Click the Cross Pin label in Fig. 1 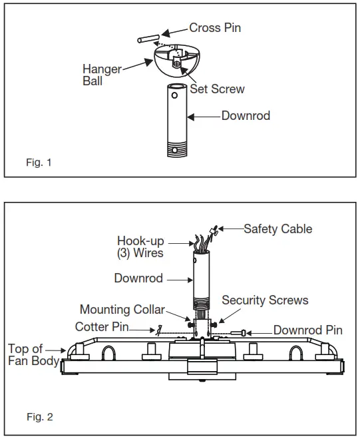coord(215,28)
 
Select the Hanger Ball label coord(101,74)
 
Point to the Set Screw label coord(217,89)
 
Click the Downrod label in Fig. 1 coord(246,116)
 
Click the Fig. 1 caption coord(39,162)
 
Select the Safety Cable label coord(277,228)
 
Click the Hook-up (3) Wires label coord(140,247)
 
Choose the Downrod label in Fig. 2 coord(138,278)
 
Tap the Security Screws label coord(265,300)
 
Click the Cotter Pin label coord(102,327)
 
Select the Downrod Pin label coord(308,330)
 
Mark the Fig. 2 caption coord(39,418)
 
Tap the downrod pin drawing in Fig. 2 coord(240,332)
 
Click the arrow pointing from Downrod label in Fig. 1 coord(203,116)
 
